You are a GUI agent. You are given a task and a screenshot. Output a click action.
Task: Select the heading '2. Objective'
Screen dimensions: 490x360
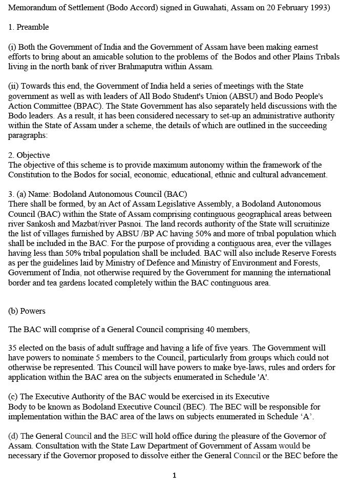pos(29,155)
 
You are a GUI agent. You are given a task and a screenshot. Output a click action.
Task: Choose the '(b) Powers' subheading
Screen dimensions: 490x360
pos(27,311)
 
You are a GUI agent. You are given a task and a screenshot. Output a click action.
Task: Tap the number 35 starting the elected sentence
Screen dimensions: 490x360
pos(13,348)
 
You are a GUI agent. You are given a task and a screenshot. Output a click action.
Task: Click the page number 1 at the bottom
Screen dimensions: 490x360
pos(174,476)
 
